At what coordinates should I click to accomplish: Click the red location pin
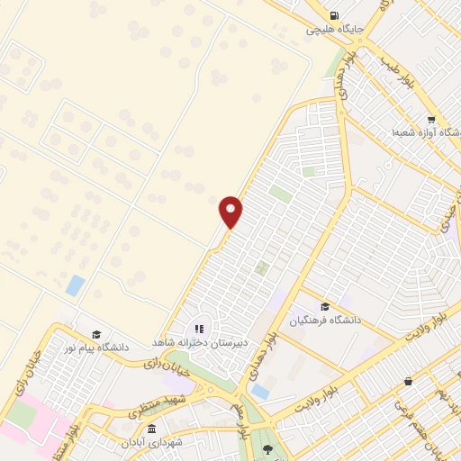[231, 211]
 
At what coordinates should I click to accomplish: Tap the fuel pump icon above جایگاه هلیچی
[335, 15]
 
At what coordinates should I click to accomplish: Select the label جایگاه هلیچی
[335, 29]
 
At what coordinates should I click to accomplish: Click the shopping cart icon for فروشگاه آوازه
[431, 120]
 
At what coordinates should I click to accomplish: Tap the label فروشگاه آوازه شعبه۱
[426, 132]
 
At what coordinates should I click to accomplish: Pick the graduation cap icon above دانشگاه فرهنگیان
[324, 306]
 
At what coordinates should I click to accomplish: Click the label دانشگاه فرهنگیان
[323, 320]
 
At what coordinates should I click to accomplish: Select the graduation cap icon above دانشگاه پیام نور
[96, 333]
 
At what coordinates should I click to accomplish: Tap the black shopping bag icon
[409, 381]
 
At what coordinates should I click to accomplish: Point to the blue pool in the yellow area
[76, 286]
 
